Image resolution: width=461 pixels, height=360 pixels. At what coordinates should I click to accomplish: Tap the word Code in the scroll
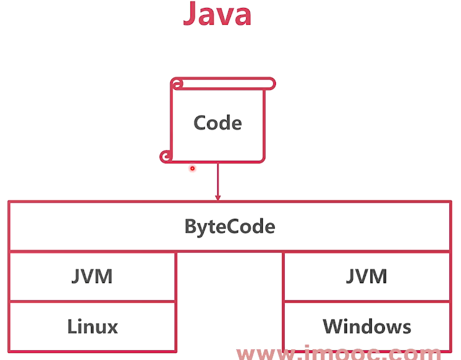[217, 123]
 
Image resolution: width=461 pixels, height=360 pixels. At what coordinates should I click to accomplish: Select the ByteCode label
[230, 226]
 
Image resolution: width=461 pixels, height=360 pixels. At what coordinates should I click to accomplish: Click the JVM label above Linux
[92, 276]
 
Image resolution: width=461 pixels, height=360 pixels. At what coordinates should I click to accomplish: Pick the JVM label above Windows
[366, 276]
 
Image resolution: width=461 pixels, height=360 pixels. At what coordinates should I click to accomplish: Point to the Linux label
[92, 326]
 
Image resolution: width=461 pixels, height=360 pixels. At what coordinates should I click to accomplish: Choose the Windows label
[367, 326]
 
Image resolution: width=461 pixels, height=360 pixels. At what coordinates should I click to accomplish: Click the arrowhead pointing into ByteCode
[218, 197]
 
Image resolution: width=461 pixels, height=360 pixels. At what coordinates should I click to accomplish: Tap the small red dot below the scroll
[192, 168]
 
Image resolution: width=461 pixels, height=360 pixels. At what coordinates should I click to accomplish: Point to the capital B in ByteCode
[191, 226]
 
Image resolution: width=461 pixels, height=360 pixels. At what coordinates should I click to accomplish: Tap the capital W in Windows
[333, 326]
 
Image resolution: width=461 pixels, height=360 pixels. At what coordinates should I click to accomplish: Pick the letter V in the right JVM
[365, 276]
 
